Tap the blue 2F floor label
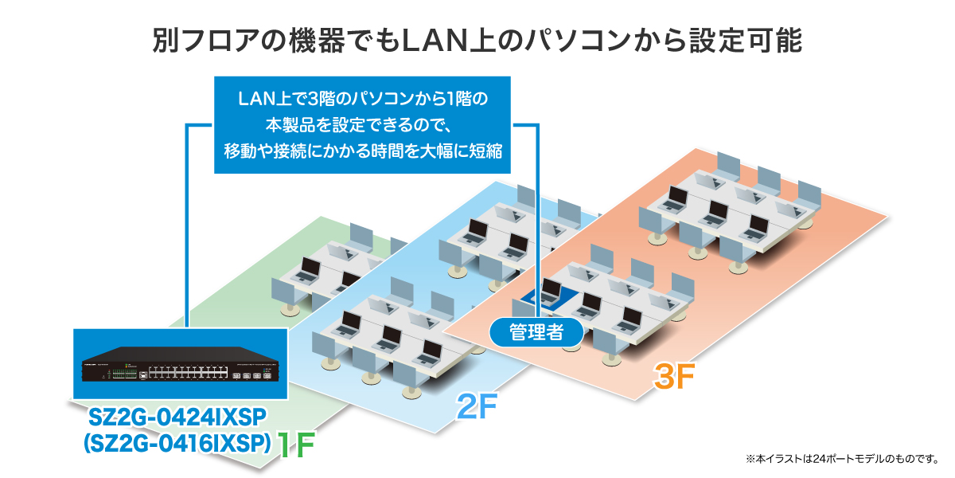coord(476,409)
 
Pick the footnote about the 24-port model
coord(842,459)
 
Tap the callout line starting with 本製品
coord(359,125)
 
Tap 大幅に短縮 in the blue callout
coord(458,151)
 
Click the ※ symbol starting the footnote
coord(750,459)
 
